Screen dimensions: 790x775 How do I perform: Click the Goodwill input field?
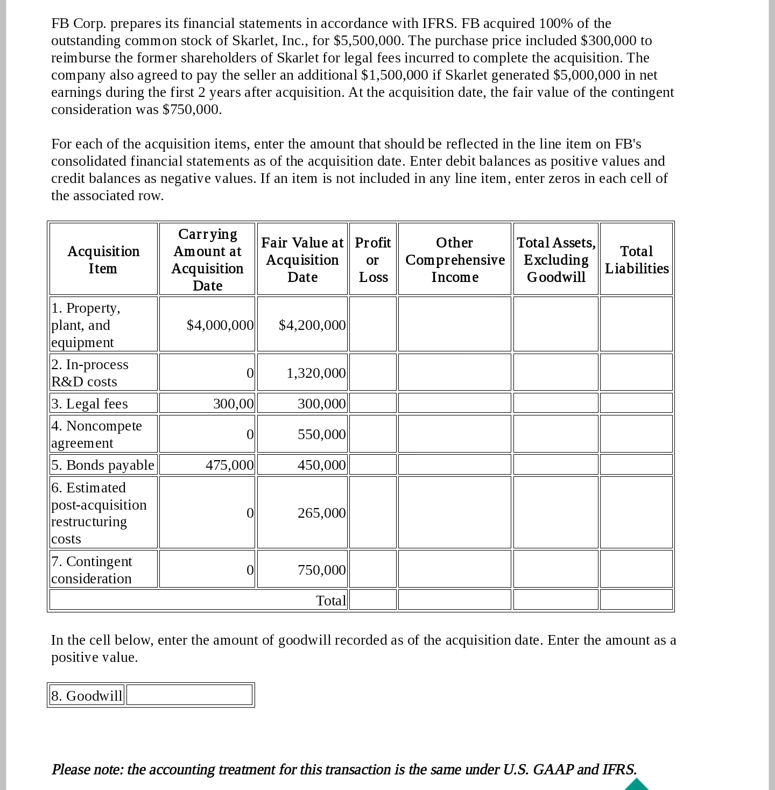tap(189, 695)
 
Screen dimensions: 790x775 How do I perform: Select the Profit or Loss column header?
tap(373, 259)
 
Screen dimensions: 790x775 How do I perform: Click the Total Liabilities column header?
tap(636, 259)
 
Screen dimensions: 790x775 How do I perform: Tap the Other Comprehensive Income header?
tap(455, 259)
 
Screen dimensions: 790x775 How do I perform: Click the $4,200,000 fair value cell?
tap(312, 325)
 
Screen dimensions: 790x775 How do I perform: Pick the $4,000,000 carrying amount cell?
tap(220, 325)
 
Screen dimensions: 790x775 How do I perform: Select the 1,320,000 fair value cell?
tap(315, 373)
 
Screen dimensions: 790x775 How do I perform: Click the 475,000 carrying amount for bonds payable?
tap(229, 465)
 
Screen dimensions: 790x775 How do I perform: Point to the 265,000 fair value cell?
tap(321, 513)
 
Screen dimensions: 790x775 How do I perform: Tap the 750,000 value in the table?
tap(321, 570)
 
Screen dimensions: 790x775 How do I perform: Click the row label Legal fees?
tap(90, 404)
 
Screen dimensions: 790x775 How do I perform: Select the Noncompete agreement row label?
tap(97, 434)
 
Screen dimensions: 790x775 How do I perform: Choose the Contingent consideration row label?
tap(92, 569)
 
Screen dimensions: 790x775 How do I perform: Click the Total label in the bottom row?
tap(330, 600)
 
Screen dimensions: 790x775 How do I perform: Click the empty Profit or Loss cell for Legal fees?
tap(373, 403)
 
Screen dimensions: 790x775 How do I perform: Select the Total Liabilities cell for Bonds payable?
tap(636, 464)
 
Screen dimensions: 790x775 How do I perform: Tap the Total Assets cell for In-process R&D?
tap(555, 372)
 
